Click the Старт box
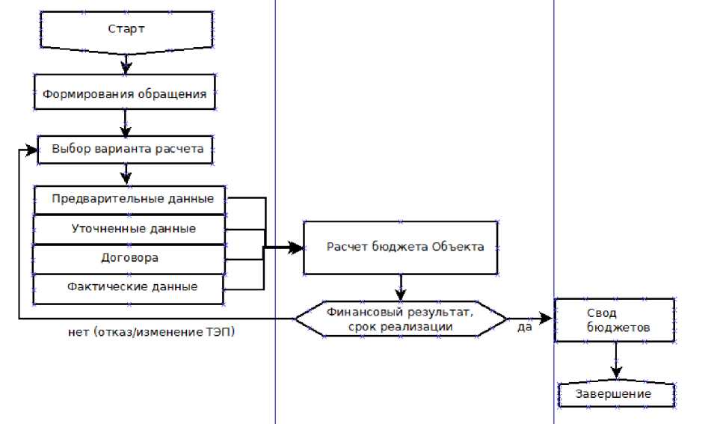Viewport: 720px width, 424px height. [126, 30]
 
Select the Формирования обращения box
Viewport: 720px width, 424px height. [125, 95]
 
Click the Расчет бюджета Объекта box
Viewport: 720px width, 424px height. [400, 248]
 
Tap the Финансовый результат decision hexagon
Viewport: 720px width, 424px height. [400, 318]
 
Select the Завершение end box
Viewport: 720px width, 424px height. [616, 394]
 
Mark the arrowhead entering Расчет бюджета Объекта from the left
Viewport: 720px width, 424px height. [297, 248]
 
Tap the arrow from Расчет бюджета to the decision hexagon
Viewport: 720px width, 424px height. [401, 286]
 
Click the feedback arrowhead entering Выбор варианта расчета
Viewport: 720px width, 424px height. [31, 150]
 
